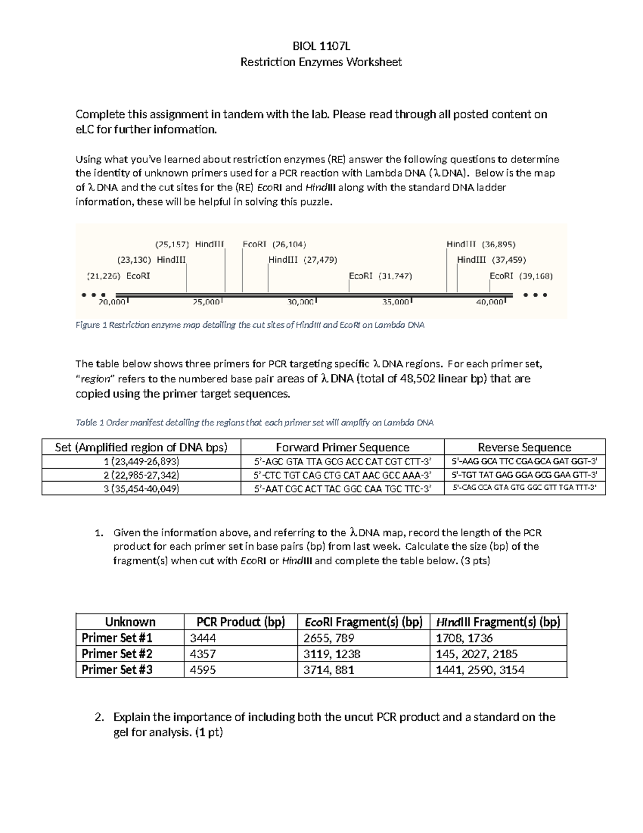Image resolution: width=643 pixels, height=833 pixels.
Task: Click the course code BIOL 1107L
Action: pyautogui.click(x=320, y=46)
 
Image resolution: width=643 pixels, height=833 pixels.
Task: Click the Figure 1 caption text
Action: pyautogui.click(x=250, y=325)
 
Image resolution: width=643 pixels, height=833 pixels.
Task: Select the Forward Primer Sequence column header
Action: pyautogui.click(x=342, y=447)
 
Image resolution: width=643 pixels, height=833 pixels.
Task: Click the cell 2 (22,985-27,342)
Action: pyautogui.click(x=141, y=475)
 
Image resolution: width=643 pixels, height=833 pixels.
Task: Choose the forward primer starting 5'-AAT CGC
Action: pyautogui.click(x=342, y=489)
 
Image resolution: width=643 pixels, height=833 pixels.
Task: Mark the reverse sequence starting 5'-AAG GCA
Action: pyautogui.click(x=525, y=461)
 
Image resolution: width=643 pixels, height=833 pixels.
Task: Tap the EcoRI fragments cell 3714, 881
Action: pyautogui.click(x=328, y=669)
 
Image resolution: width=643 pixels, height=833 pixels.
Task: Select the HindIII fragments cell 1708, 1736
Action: pyautogui.click(x=464, y=638)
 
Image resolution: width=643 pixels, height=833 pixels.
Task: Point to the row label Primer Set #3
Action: pyautogui.click(x=117, y=669)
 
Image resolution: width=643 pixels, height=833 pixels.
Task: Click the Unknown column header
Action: pyautogui.click(x=130, y=622)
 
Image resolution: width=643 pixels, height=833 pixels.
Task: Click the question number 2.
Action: pyautogui.click(x=98, y=717)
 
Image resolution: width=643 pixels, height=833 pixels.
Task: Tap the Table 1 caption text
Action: pyautogui.click(x=255, y=423)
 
